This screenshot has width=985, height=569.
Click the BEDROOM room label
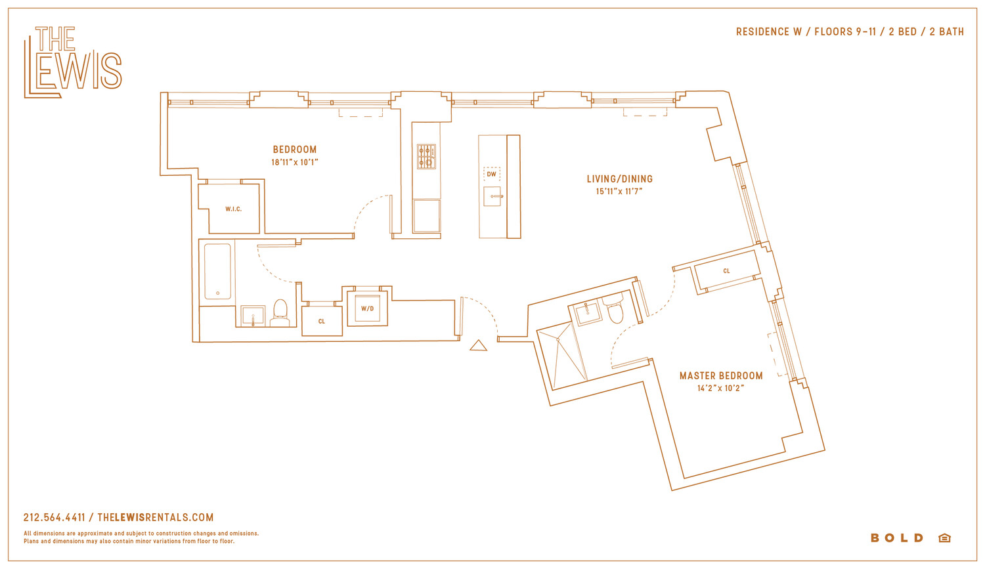click(295, 150)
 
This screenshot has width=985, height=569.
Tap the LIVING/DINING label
click(620, 179)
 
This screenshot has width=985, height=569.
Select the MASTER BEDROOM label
click(721, 375)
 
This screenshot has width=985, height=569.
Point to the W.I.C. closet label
click(234, 209)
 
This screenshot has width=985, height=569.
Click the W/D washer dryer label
click(368, 309)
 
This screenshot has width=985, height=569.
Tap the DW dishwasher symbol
click(492, 174)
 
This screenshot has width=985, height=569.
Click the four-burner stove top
click(426, 156)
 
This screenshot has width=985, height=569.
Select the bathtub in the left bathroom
click(217, 272)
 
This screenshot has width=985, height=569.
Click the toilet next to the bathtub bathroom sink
click(280, 312)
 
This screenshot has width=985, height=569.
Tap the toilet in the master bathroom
click(614, 308)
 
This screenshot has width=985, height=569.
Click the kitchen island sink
click(492, 196)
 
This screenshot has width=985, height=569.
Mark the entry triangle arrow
click(479, 345)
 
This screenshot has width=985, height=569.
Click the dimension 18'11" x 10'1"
click(295, 163)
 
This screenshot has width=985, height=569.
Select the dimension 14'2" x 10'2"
click(721, 389)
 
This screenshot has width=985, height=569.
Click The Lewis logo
click(72, 62)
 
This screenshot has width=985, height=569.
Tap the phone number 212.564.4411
click(54, 518)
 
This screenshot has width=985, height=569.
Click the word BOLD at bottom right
click(897, 537)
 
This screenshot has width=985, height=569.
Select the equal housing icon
click(944, 537)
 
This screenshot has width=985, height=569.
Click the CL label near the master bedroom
click(726, 271)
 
